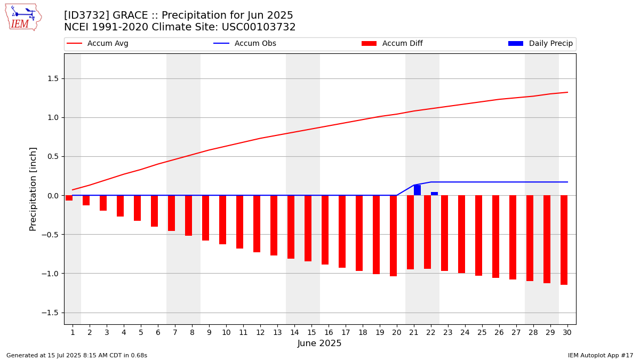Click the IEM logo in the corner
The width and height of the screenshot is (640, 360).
(23, 18)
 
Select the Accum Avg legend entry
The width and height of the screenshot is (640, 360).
(98, 43)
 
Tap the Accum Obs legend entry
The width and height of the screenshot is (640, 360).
(245, 43)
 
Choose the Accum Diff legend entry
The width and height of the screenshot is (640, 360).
(392, 43)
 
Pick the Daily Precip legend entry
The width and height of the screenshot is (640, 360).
(540, 43)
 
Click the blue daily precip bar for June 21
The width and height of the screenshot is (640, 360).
(417, 190)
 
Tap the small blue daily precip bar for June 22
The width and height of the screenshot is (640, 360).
(434, 194)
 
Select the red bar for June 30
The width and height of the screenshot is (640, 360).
(564, 240)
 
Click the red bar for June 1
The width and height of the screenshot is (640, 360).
(69, 198)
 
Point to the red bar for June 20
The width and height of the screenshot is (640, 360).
(393, 236)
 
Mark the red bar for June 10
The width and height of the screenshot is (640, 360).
(222, 220)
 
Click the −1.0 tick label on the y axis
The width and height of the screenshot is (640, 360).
(50, 274)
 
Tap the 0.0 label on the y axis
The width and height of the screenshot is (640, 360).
(53, 196)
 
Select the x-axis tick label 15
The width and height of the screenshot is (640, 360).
(311, 333)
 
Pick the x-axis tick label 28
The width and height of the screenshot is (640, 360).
(533, 333)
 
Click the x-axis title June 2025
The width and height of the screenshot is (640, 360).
(319, 343)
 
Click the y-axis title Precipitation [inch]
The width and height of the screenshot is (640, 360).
(33, 189)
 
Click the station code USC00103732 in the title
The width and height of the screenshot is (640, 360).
(259, 27)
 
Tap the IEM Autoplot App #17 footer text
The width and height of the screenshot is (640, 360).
(601, 355)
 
